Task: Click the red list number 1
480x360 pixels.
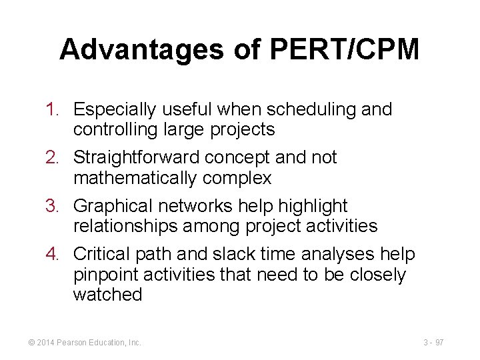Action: coord(55,109)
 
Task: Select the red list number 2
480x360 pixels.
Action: coord(55,158)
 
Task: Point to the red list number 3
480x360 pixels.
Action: coord(55,207)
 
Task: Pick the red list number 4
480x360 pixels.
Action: coord(55,255)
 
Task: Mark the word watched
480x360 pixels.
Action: coord(108,294)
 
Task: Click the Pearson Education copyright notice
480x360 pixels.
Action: coord(85,343)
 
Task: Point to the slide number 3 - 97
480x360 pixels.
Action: coord(433,343)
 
